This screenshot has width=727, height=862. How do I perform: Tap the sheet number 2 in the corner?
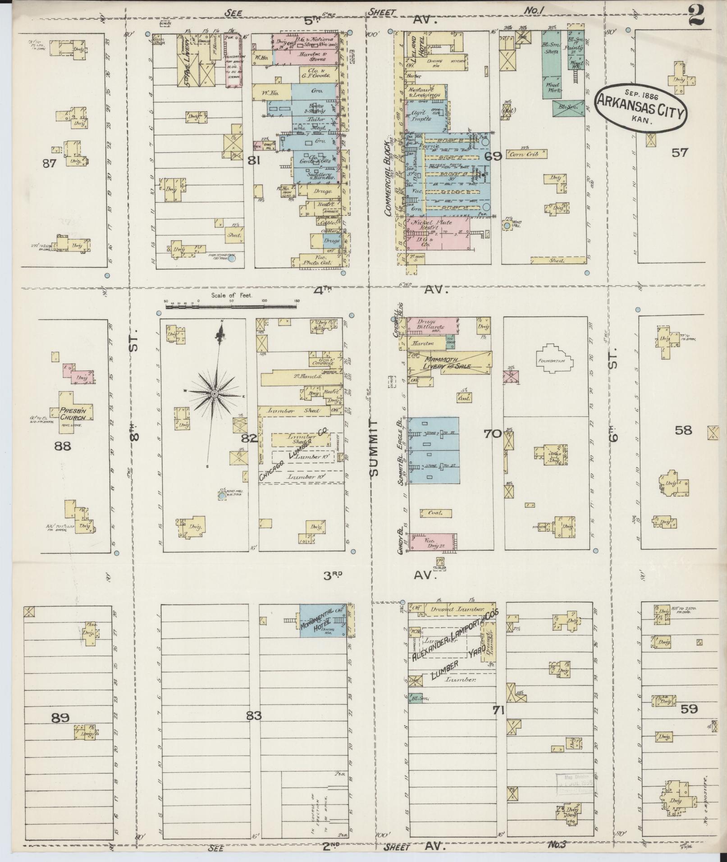pos(697,17)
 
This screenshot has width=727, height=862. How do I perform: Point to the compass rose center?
pos(215,393)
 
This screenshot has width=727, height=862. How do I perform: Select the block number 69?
pos(493,157)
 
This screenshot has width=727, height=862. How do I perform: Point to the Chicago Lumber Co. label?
pos(297,455)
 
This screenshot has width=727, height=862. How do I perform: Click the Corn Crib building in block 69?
pos(526,154)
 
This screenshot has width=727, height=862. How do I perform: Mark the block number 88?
pos(62,446)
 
